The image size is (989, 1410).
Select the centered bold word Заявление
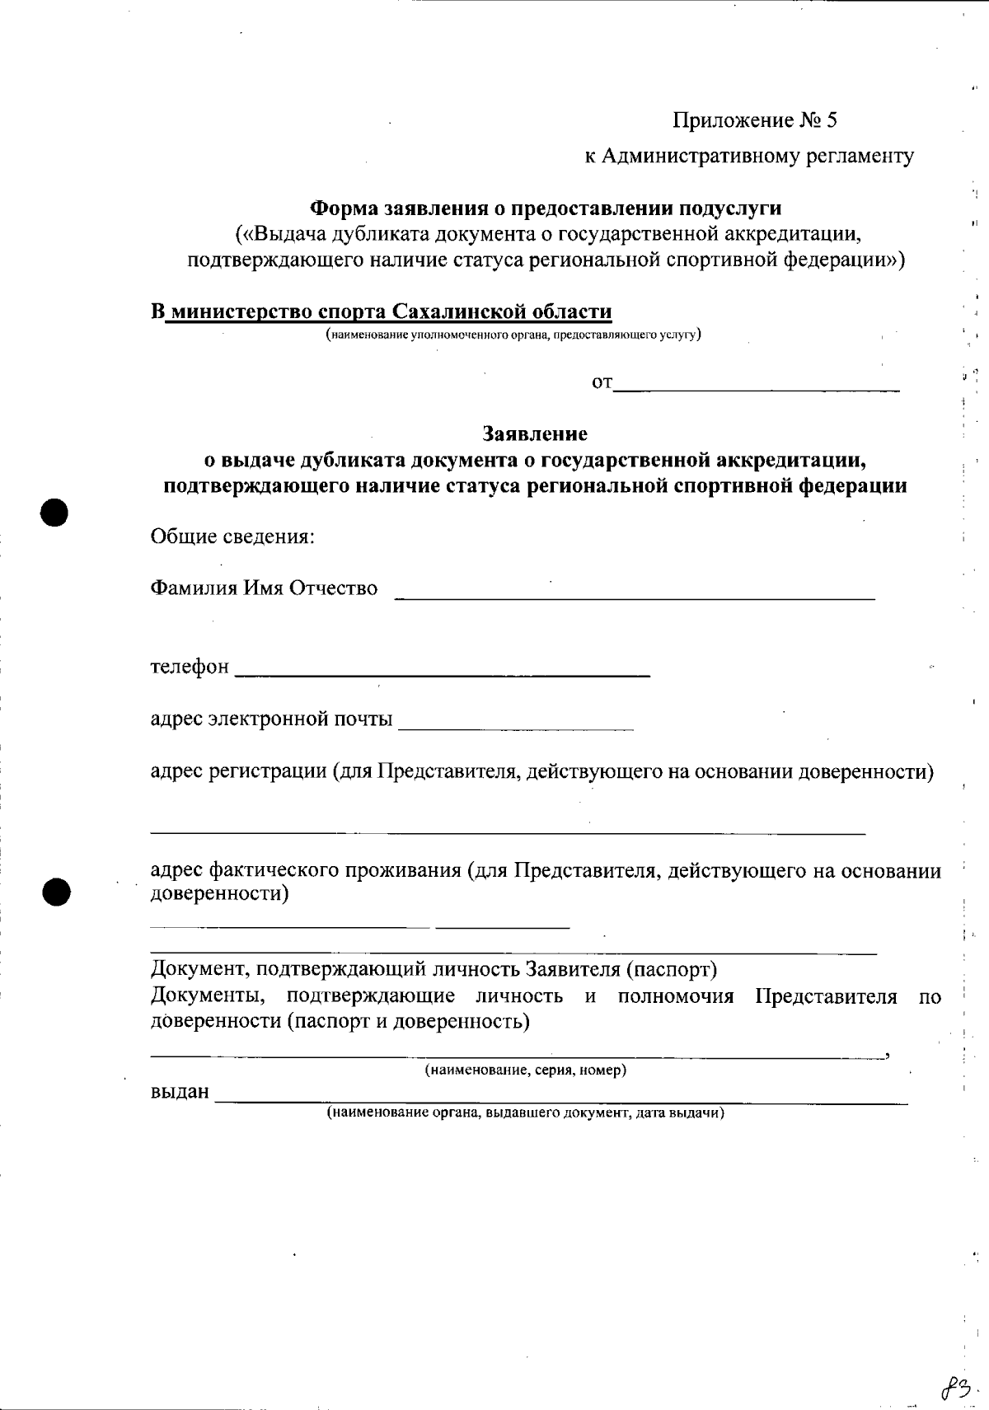click(535, 433)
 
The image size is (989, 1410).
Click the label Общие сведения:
click(232, 537)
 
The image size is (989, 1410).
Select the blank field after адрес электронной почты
click(516, 727)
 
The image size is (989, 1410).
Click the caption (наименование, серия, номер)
click(525, 1070)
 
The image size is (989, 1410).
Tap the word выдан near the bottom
click(180, 1093)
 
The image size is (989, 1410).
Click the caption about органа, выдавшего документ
click(525, 1113)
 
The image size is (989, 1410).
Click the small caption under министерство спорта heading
click(513, 335)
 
